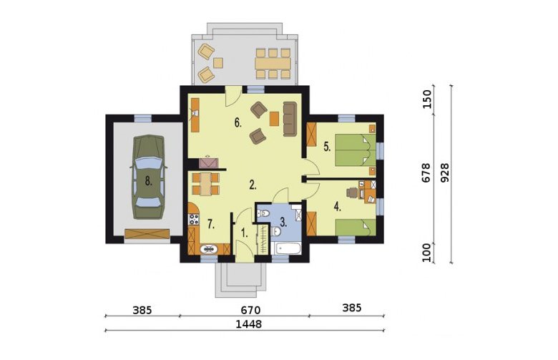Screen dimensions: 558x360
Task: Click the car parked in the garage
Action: coord(148,177)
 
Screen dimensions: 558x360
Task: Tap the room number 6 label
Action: coord(238,123)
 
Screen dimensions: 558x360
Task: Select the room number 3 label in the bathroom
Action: coord(283,223)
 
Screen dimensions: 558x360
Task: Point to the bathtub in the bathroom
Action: coord(285,248)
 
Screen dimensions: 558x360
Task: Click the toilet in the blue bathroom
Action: coord(263,214)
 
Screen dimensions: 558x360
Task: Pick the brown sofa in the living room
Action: coord(290,119)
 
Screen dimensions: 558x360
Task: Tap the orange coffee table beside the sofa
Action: coord(274,119)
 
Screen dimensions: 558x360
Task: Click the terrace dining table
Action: coord(273,64)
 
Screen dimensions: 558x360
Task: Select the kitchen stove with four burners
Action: coord(194,218)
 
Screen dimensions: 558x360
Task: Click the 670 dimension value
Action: coord(250,310)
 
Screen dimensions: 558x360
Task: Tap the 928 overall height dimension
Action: coord(444,173)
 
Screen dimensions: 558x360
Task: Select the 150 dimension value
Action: coord(427,99)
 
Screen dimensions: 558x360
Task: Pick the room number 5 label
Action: coord(328,147)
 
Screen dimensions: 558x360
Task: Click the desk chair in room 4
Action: coord(351,193)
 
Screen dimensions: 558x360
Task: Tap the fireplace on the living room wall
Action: coord(208,162)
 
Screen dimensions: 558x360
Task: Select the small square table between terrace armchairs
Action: coord(218,63)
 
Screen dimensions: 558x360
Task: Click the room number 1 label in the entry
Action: coord(244,233)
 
